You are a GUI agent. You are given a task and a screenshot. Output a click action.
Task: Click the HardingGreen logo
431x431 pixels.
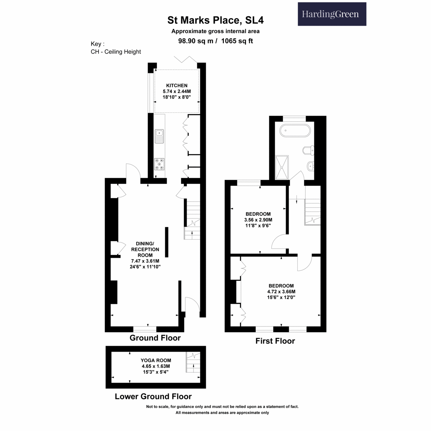click(332, 14)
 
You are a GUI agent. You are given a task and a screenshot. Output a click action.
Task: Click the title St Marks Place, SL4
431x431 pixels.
click(215, 20)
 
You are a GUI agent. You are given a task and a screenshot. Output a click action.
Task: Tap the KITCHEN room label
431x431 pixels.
click(177, 85)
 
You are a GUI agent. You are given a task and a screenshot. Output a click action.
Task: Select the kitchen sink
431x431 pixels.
click(159, 136)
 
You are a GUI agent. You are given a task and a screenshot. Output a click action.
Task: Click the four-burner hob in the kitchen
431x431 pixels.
click(159, 164)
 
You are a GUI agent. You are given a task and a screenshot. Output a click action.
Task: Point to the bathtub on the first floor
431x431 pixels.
click(295, 130)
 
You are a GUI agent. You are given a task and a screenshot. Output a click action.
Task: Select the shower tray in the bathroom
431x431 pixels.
click(282, 167)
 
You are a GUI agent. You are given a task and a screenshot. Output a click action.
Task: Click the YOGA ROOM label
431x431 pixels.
click(156, 360)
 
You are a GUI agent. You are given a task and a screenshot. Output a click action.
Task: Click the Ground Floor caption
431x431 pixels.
click(155, 338)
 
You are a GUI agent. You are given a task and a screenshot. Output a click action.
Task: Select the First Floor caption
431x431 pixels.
click(275, 341)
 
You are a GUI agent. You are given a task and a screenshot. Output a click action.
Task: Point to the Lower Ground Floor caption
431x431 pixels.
click(153, 396)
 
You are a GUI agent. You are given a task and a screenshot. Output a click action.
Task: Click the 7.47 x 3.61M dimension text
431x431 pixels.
click(145, 261)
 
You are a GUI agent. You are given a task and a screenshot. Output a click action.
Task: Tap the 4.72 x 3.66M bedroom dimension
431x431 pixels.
click(281, 291)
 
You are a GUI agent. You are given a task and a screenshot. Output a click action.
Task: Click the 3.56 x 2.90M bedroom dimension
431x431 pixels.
click(258, 220)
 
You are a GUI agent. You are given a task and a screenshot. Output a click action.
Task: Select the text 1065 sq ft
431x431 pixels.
click(237, 41)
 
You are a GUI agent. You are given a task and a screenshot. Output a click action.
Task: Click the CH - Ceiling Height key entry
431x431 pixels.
click(116, 52)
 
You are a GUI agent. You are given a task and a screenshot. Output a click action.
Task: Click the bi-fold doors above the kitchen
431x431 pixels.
click(185, 59)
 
